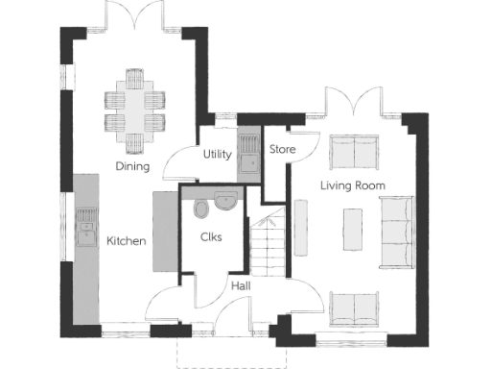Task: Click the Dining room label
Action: tap(132, 166)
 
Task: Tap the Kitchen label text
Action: tap(126, 240)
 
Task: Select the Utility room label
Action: tap(217, 155)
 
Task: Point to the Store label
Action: tap(282, 149)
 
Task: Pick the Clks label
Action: tap(212, 237)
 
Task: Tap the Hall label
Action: tap(240, 284)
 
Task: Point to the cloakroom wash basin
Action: tap(227, 201)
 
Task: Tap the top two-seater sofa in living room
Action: tap(353, 150)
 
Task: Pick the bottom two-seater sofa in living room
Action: tap(353, 307)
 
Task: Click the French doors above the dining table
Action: tap(133, 16)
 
